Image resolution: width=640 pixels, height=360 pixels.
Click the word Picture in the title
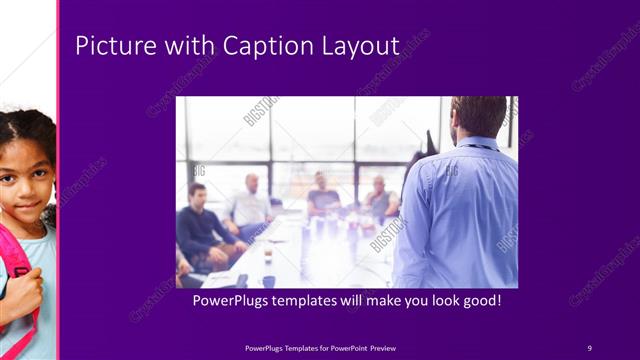pyautogui.click(x=110, y=46)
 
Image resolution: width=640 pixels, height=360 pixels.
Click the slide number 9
pyautogui.click(x=589, y=347)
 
